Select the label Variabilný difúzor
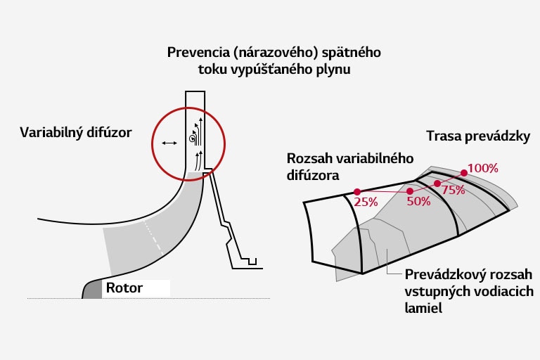click(76, 132)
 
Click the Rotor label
click(124, 288)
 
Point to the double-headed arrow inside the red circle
click(169, 143)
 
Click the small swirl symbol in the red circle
click(191, 139)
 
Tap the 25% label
click(366, 201)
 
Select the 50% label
click(418, 201)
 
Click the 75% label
click(454, 191)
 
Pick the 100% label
click(482, 168)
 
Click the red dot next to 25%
click(357, 191)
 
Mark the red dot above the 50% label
click(410, 190)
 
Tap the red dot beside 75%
click(437, 184)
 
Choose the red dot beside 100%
click(464, 172)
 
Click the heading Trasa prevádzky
click(477, 136)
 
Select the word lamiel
click(423, 307)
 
